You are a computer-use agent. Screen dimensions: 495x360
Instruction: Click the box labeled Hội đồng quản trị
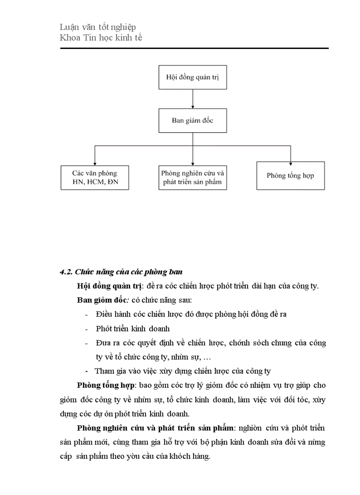point(192,77)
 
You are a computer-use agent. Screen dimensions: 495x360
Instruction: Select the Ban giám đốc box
point(192,120)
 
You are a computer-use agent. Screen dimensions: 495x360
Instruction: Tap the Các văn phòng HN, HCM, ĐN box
point(94,178)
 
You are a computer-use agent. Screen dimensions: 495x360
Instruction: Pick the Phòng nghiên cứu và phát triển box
point(192,178)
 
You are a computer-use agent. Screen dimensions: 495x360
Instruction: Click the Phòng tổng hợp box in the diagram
point(290,175)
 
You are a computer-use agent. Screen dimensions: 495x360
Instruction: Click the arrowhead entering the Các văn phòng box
point(94,163)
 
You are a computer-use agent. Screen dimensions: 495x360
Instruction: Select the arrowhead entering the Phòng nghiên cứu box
point(192,163)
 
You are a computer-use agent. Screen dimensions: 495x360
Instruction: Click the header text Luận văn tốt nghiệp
point(97,27)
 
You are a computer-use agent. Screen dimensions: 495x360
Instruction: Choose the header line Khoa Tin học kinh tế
point(101,38)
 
